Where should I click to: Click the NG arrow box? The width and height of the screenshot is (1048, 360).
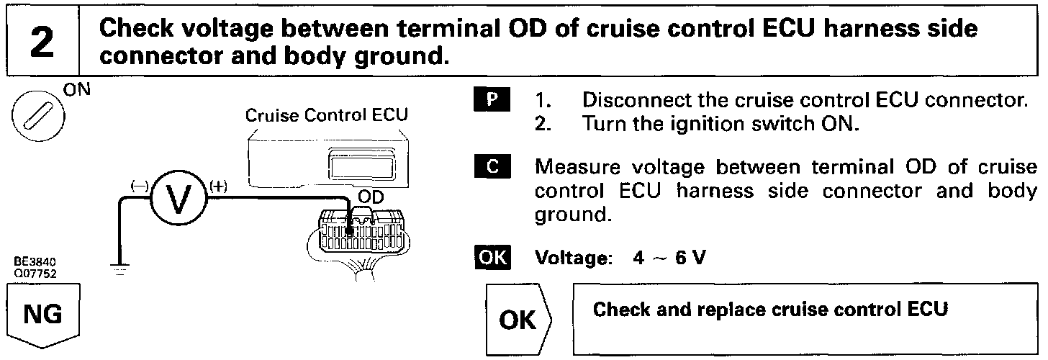coord(43,315)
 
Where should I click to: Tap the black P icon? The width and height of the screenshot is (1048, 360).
coord(492,99)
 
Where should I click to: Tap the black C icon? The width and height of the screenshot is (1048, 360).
coord(492,167)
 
